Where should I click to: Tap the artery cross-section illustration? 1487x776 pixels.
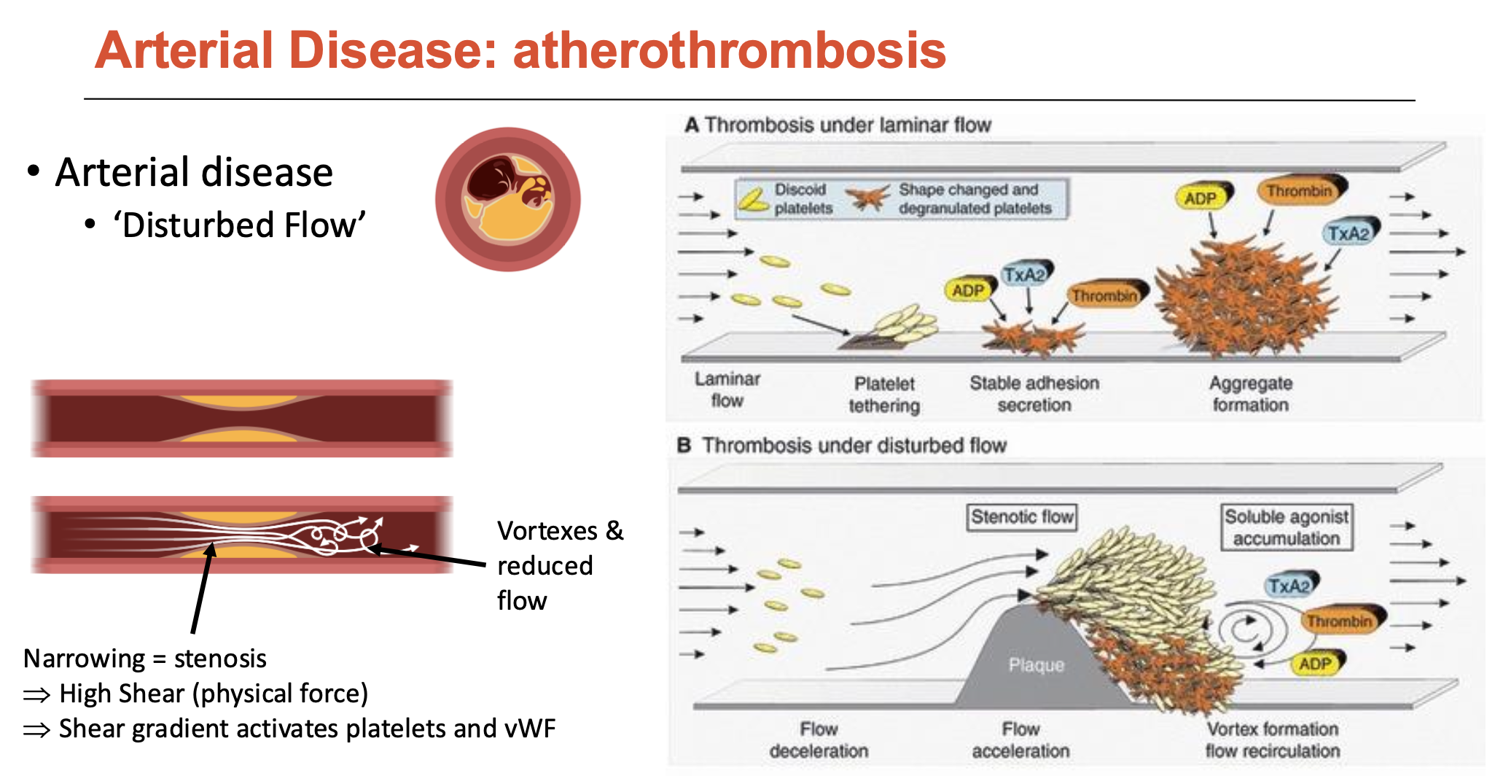tap(508, 199)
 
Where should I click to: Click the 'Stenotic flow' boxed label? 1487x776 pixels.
tap(1022, 517)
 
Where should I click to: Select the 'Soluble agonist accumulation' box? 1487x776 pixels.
tap(1287, 527)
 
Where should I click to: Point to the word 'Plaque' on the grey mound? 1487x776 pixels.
tap(1036, 664)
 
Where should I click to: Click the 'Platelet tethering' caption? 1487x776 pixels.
tap(884, 394)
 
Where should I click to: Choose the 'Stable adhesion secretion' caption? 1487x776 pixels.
tap(1034, 394)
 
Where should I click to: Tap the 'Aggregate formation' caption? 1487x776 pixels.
tap(1251, 394)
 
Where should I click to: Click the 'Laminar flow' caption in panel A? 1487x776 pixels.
tap(727, 389)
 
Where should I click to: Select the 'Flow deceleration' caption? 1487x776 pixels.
tap(819, 740)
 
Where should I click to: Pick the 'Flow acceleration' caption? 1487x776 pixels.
tap(1020, 740)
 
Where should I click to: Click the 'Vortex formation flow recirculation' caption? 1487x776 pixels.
tap(1273, 740)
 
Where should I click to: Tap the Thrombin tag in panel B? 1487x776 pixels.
tap(1339, 621)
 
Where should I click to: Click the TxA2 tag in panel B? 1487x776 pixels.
tap(1289, 586)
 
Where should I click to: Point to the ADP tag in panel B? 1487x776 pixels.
tap(1315, 664)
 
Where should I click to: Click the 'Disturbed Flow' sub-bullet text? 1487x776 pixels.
tap(239, 225)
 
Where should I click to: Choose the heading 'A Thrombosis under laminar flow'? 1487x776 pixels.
tap(838, 125)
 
